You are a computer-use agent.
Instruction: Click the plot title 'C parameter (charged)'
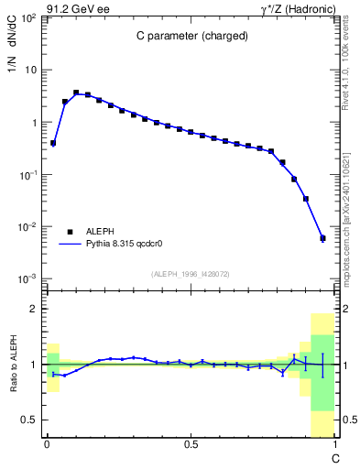point(190,39)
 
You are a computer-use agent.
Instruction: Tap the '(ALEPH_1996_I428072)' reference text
point(190,273)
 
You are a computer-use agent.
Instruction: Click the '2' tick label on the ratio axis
point(33,310)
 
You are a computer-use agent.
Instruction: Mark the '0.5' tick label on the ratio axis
point(29,419)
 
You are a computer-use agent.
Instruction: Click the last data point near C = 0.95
point(322,238)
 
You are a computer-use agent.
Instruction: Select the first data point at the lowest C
point(53,143)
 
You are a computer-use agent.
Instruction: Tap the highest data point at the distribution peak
point(76,93)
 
